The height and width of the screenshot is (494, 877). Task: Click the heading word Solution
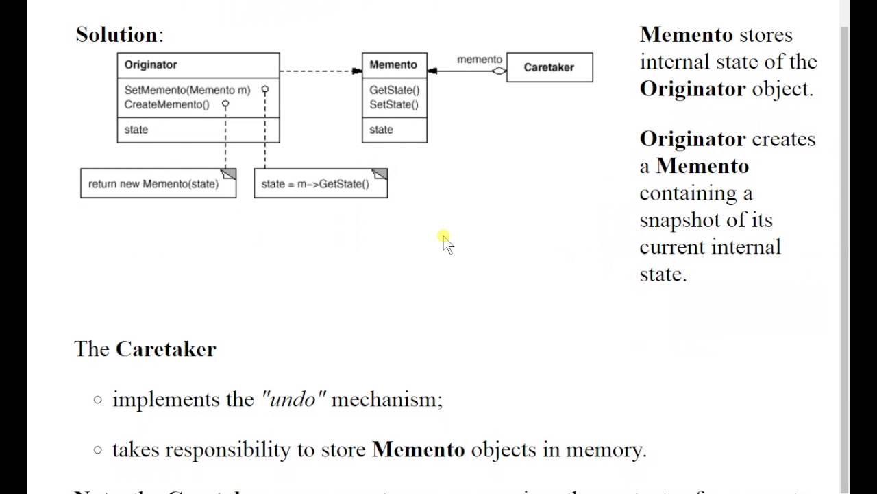pos(116,34)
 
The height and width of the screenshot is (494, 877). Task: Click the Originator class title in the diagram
pos(151,64)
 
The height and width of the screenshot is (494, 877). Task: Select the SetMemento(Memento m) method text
pos(187,90)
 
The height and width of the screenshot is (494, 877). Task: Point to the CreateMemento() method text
pos(166,104)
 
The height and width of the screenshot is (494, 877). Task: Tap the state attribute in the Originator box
pos(136,130)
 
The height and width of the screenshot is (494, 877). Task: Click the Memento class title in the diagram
pos(393,64)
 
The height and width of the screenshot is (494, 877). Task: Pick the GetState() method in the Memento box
pos(394,90)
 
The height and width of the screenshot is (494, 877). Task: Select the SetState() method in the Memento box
pos(393,104)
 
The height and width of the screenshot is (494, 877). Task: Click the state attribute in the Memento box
pos(381,130)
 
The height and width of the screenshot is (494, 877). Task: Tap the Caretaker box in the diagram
pos(549,67)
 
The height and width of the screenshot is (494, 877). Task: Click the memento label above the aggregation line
pos(479,60)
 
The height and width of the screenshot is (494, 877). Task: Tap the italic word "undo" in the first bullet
pos(293,399)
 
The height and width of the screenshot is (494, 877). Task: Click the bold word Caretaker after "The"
pos(166,349)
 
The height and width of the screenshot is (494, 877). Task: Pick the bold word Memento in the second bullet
pos(418,450)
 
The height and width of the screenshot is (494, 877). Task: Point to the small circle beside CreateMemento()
pos(225,104)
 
